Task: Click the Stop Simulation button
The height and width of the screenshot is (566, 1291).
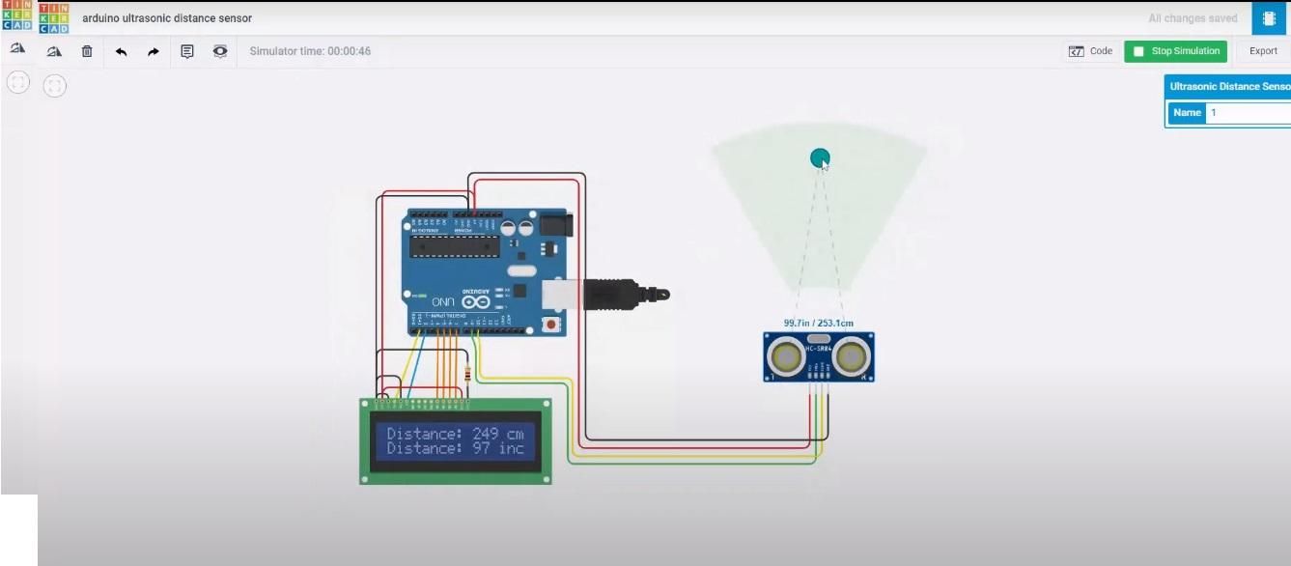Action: (x=1175, y=51)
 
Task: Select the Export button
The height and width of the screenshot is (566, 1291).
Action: (x=1263, y=51)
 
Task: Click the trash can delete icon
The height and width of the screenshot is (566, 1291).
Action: (x=87, y=51)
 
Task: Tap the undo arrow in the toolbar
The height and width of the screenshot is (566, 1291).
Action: (x=121, y=51)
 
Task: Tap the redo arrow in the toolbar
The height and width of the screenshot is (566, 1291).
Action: (x=154, y=51)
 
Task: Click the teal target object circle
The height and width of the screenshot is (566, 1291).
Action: (x=820, y=157)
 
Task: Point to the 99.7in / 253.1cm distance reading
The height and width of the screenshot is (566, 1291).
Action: (x=818, y=324)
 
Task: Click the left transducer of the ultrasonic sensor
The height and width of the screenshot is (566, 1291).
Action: (x=786, y=357)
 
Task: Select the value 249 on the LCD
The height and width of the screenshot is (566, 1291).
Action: (x=485, y=434)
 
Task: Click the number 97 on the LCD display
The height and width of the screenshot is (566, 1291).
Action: (x=481, y=448)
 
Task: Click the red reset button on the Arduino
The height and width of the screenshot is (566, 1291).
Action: (x=551, y=325)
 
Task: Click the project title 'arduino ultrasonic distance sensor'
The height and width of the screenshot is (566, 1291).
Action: (x=167, y=18)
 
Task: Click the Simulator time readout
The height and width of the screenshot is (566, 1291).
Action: (x=310, y=51)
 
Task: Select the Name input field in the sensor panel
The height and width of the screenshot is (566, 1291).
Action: (x=1249, y=113)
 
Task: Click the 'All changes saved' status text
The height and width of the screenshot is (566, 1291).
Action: (x=1193, y=18)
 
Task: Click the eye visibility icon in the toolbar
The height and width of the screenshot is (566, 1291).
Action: (x=220, y=51)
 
